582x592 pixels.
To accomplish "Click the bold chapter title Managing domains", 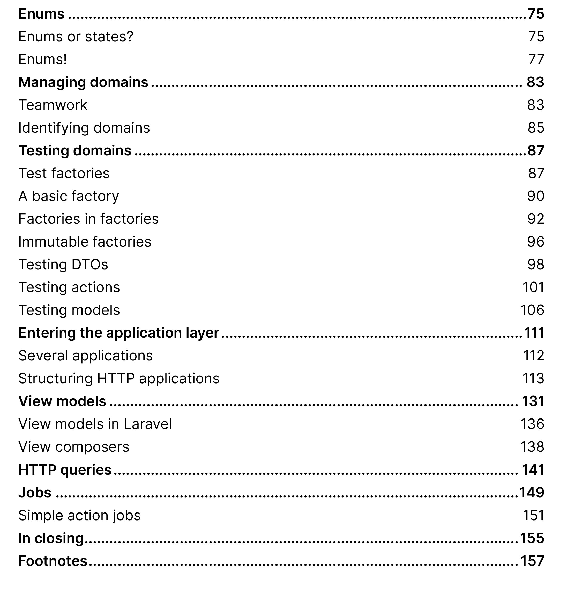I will click(83, 82).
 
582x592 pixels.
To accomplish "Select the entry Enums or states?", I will click(76, 37).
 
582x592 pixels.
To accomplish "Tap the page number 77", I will click(536, 59).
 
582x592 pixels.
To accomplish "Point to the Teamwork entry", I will click(53, 105).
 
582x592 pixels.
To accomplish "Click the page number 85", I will click(536, 128).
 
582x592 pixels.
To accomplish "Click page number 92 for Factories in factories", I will click(536, 219).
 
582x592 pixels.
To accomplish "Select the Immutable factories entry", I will click(85, 242).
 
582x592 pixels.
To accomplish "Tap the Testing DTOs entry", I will click(63, 264).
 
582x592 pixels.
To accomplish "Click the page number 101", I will click(533, 287).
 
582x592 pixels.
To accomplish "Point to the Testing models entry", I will click(69, 310).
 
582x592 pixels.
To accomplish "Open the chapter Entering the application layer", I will click(119, 333).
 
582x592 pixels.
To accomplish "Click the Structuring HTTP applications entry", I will click(119, 379).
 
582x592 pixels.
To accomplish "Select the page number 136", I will click(532, 424).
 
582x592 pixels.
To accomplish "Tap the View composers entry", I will click(74, 447).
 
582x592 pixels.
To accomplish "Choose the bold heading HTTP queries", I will click(65, 470).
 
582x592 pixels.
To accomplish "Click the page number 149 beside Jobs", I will click(532, 493).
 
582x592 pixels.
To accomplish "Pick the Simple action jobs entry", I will click(79, 515).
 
